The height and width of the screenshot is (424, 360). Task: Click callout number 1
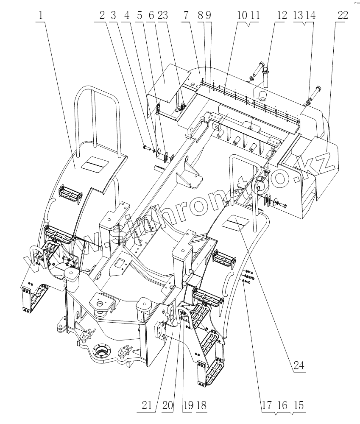click(40, 16)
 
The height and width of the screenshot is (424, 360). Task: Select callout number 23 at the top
click(162, 16)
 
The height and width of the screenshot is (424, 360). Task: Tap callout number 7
click(186, 16)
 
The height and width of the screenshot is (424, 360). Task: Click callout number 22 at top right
click(343, 16)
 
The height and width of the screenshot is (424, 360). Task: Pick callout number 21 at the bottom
click(146, 405)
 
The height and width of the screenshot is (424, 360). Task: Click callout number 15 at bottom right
click(299, 405)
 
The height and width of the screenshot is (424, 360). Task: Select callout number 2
click(102, 16)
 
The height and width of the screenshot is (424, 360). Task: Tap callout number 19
click(187, 405)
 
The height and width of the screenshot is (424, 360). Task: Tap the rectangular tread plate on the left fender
click(95, 163)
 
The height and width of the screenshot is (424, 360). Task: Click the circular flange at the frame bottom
click(102, 351)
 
